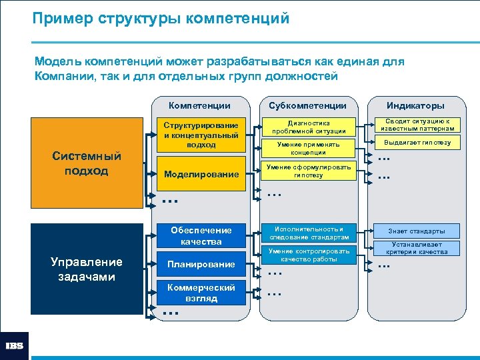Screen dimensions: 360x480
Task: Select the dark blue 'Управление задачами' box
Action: (87, 269)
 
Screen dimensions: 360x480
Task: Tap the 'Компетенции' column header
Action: (199, 105)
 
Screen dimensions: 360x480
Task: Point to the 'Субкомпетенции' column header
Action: (307, 105)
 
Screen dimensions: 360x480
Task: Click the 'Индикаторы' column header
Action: (415, 105)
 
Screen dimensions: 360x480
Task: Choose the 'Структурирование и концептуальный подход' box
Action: (201, 135)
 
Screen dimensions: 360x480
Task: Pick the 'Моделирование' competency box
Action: (201, 174)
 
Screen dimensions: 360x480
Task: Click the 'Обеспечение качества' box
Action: (201, 235)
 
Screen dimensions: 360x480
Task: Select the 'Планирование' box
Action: (201, 264)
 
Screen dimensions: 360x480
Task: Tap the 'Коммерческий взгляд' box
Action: (201, 293)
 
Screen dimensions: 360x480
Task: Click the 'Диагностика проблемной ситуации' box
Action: (309, 127)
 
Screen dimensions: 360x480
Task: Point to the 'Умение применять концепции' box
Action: (309, 149)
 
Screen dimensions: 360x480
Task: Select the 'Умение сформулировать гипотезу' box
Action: (309, 171)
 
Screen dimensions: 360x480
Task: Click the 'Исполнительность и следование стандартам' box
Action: (309, 233)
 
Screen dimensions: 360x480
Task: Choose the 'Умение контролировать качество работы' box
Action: (309, 255)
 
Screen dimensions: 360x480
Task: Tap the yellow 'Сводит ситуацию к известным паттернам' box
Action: (417, 125)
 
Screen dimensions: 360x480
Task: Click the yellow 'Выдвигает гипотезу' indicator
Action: (417, 143)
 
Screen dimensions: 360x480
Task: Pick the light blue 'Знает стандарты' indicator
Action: (417, 231)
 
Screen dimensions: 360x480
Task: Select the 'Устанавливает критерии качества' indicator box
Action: (417, 249)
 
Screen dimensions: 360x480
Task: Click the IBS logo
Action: (15, 346)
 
